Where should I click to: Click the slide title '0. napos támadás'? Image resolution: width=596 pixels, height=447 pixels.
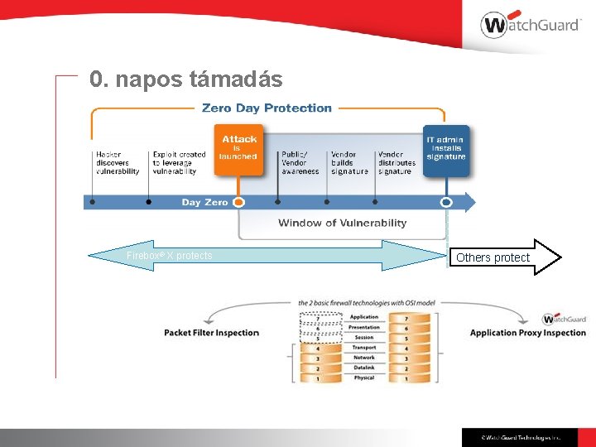coord(186,79)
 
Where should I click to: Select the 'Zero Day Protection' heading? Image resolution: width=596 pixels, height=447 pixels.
coord(267,108)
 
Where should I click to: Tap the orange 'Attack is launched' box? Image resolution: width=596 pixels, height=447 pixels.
coord(238,149)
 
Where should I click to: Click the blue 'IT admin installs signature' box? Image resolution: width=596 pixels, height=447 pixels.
coord(446,149)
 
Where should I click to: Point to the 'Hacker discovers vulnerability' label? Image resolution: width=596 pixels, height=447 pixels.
coord(117,162)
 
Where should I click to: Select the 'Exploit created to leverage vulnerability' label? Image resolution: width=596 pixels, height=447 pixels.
coord(179,162)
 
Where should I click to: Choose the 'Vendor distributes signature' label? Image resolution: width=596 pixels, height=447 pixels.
coord(397,162)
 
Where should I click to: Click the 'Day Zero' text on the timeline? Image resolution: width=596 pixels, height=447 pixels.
coord(204,202)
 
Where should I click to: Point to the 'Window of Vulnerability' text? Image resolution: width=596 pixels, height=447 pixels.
coord(342,223)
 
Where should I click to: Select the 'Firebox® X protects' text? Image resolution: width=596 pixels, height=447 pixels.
coord(169,256)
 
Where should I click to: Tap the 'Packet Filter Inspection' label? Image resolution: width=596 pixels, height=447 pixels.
coord(211,333)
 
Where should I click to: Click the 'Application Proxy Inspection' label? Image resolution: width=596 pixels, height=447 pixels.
coord(527,333)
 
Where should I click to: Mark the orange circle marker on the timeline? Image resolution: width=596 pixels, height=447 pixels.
coord(238,202)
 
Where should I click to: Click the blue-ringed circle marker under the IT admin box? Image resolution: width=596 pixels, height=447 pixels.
coord(446,202)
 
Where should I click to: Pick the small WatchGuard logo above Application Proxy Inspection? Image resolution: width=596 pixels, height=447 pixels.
coord(564,320)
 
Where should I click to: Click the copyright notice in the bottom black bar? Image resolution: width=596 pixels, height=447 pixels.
coord(521,437)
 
